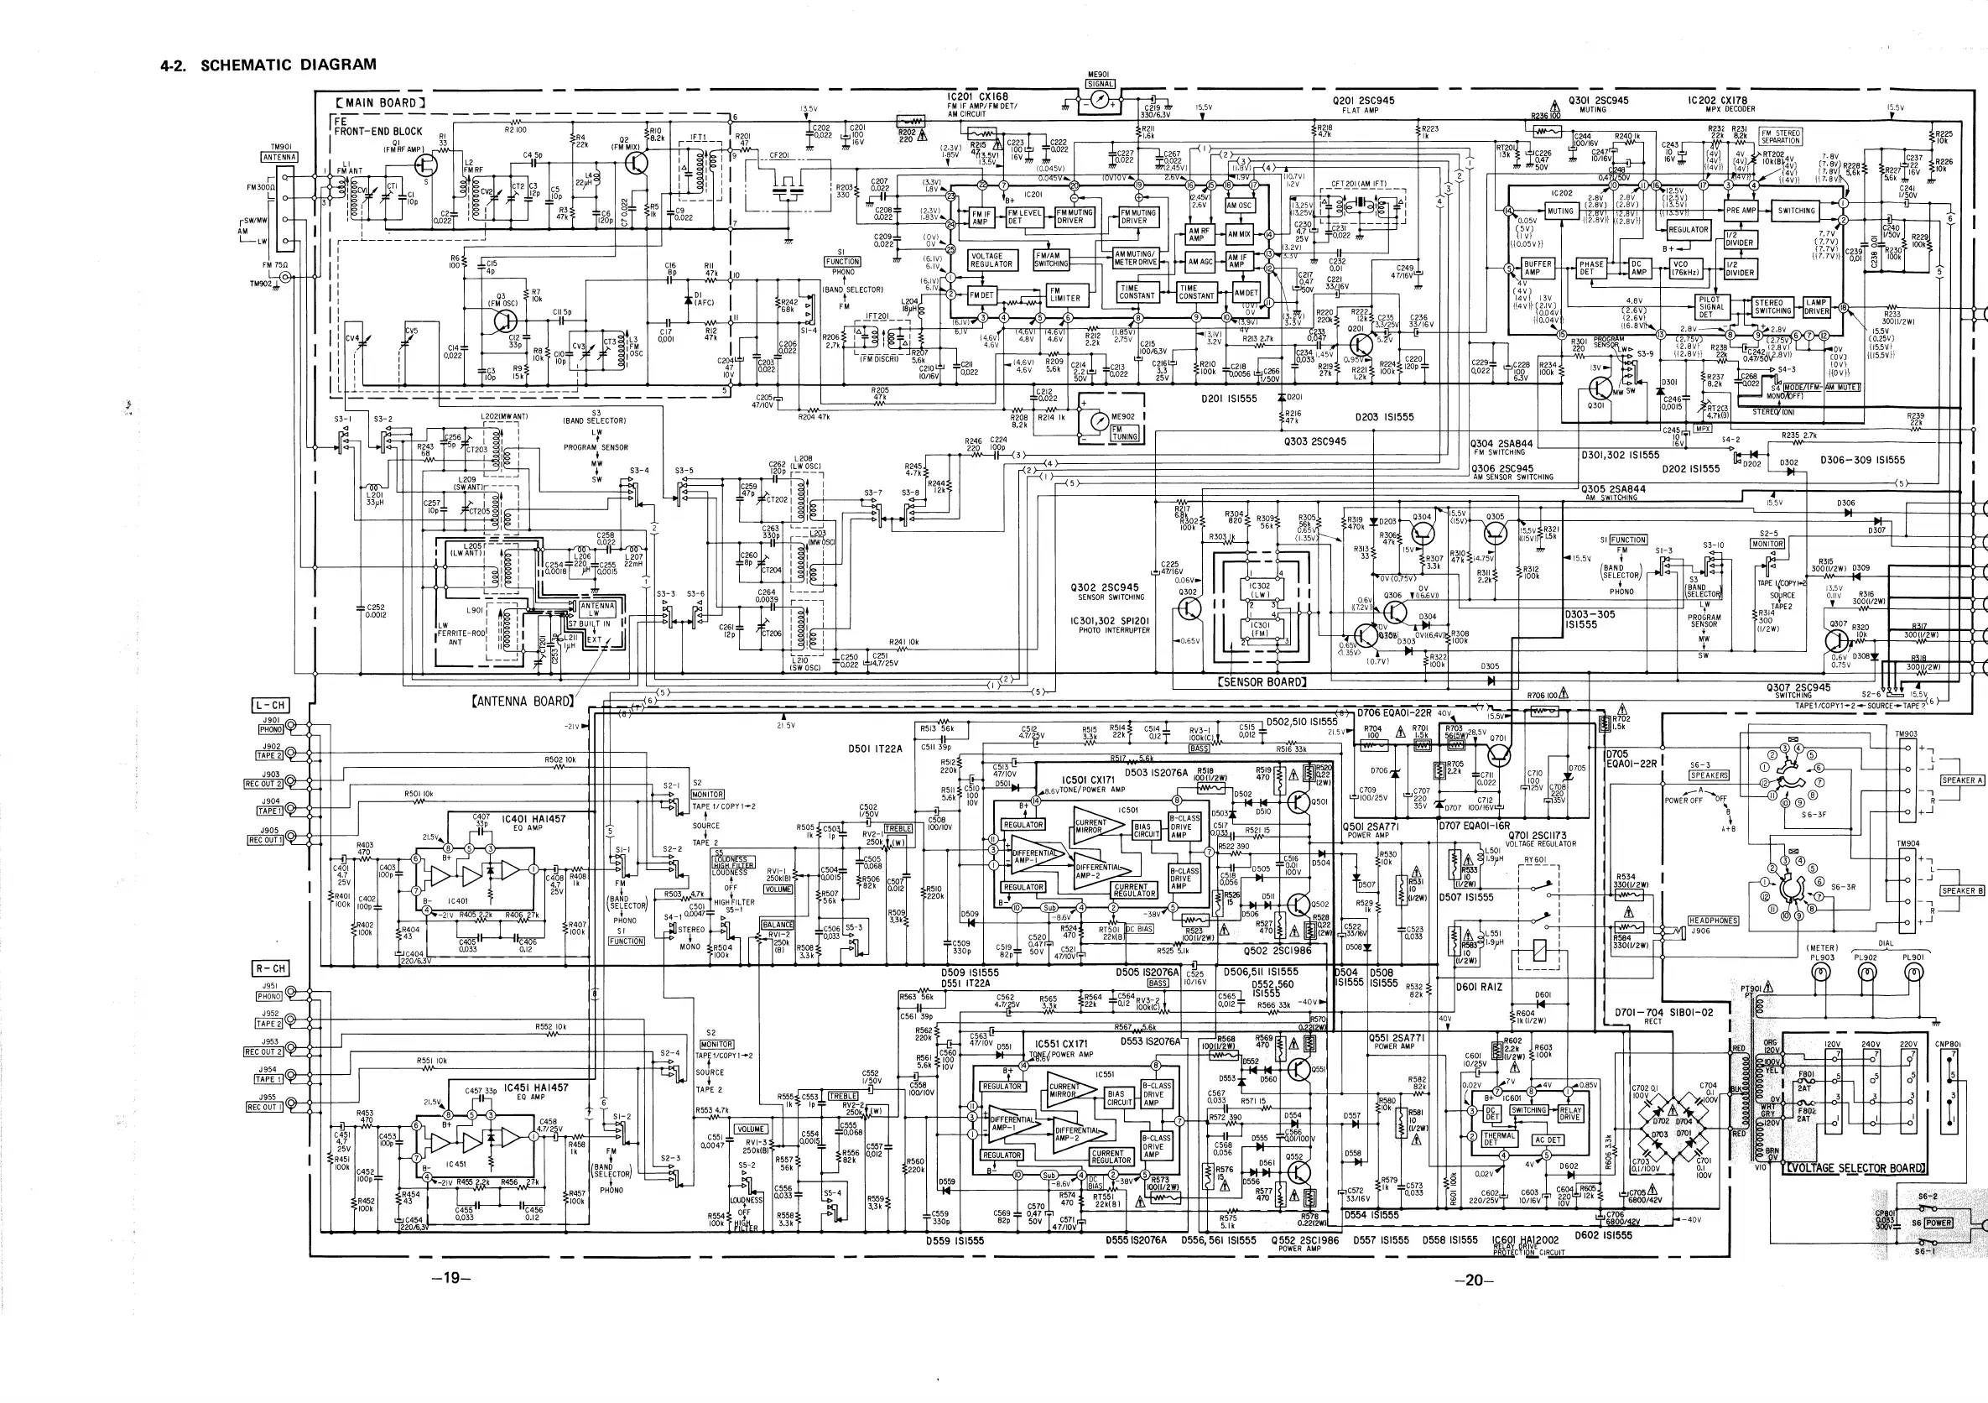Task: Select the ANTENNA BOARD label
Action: click(522, 701)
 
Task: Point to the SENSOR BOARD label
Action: click(1261, 682)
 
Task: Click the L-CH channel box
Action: click(269, 705)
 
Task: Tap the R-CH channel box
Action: click(269, 968)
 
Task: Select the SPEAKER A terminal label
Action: click(1961, 780)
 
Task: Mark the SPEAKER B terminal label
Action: click(1961, 890)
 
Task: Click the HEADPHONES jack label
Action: click(1713, 921)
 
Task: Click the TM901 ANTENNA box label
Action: click(278, 157)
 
